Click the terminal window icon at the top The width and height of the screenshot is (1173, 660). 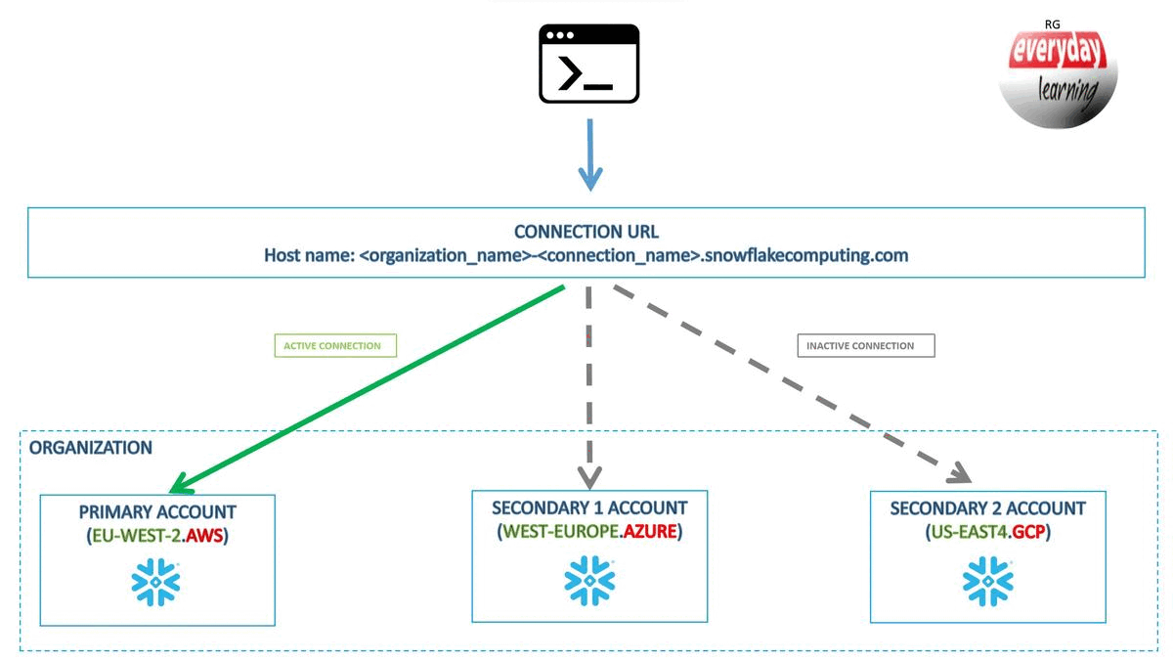pos(588,64)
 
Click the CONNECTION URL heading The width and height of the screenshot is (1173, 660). pos(586,232)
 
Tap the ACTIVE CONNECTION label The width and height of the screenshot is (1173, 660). pos(332,346)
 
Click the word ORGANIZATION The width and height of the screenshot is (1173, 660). pos(91,448)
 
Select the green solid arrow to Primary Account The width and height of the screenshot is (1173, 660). pos(371,387)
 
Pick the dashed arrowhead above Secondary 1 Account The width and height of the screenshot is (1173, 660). pos(588,475)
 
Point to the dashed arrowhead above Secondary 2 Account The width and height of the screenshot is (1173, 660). pos(957,474)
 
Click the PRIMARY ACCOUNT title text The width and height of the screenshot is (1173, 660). pos(157,511)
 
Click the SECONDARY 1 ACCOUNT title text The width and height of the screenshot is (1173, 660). pos(588,507)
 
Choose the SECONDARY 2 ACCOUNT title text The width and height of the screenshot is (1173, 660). pos(987,508)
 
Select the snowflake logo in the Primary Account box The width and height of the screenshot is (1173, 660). pos(156,584)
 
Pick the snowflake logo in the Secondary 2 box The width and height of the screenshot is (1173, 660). pos(987,583)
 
